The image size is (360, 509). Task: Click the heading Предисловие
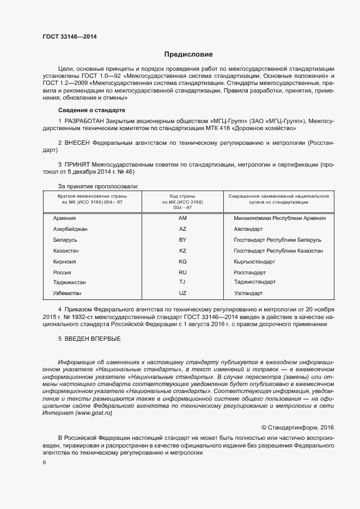[188, 54]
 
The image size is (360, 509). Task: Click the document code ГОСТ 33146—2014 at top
[70, 36]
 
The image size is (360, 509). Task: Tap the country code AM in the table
[182, 218]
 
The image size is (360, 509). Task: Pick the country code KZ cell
[182, 250]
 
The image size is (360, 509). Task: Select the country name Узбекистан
[69, 293]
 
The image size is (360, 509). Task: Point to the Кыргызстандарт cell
[254, 261]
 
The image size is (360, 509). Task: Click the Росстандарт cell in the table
[249, 272]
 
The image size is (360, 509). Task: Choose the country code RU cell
[182, 272]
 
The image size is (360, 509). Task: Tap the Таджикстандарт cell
[254, 282]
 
